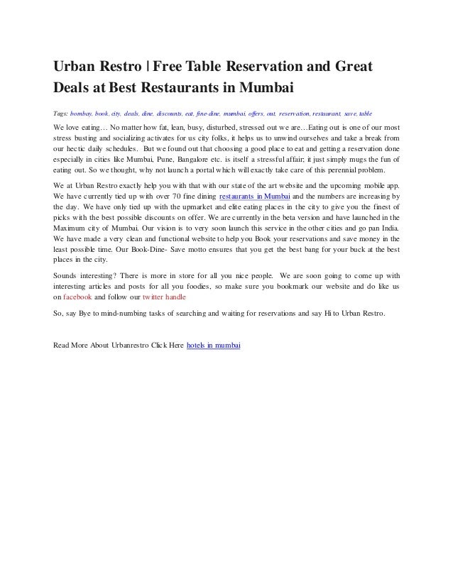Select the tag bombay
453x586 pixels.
81,114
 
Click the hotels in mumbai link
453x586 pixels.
213,345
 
